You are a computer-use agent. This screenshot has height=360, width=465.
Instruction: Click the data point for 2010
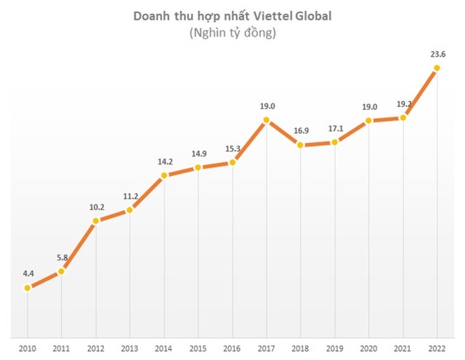(x=28, y=288)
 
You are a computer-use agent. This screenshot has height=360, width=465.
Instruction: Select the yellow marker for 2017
(x=267, y=119)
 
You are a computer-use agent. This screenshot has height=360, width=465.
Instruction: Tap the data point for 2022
(x=437, y=68)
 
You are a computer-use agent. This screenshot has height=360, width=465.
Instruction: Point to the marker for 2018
(x=301, y=145)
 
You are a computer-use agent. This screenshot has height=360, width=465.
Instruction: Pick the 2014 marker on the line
(x=164, y=175)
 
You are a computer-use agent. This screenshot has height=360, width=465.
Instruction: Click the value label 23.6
(x=437, y=53)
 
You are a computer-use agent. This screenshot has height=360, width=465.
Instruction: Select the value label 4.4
(x=28, y=273)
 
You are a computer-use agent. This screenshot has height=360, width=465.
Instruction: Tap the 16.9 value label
(x=301, y=131)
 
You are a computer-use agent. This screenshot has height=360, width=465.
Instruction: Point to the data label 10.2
(x=96, y=206)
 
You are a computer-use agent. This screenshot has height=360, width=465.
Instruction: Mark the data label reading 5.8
(x=62, y=257)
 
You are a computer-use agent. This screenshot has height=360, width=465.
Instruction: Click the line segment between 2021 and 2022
(x=421, y=92)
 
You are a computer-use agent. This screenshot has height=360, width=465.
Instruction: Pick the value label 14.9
(x=198, y=153)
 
